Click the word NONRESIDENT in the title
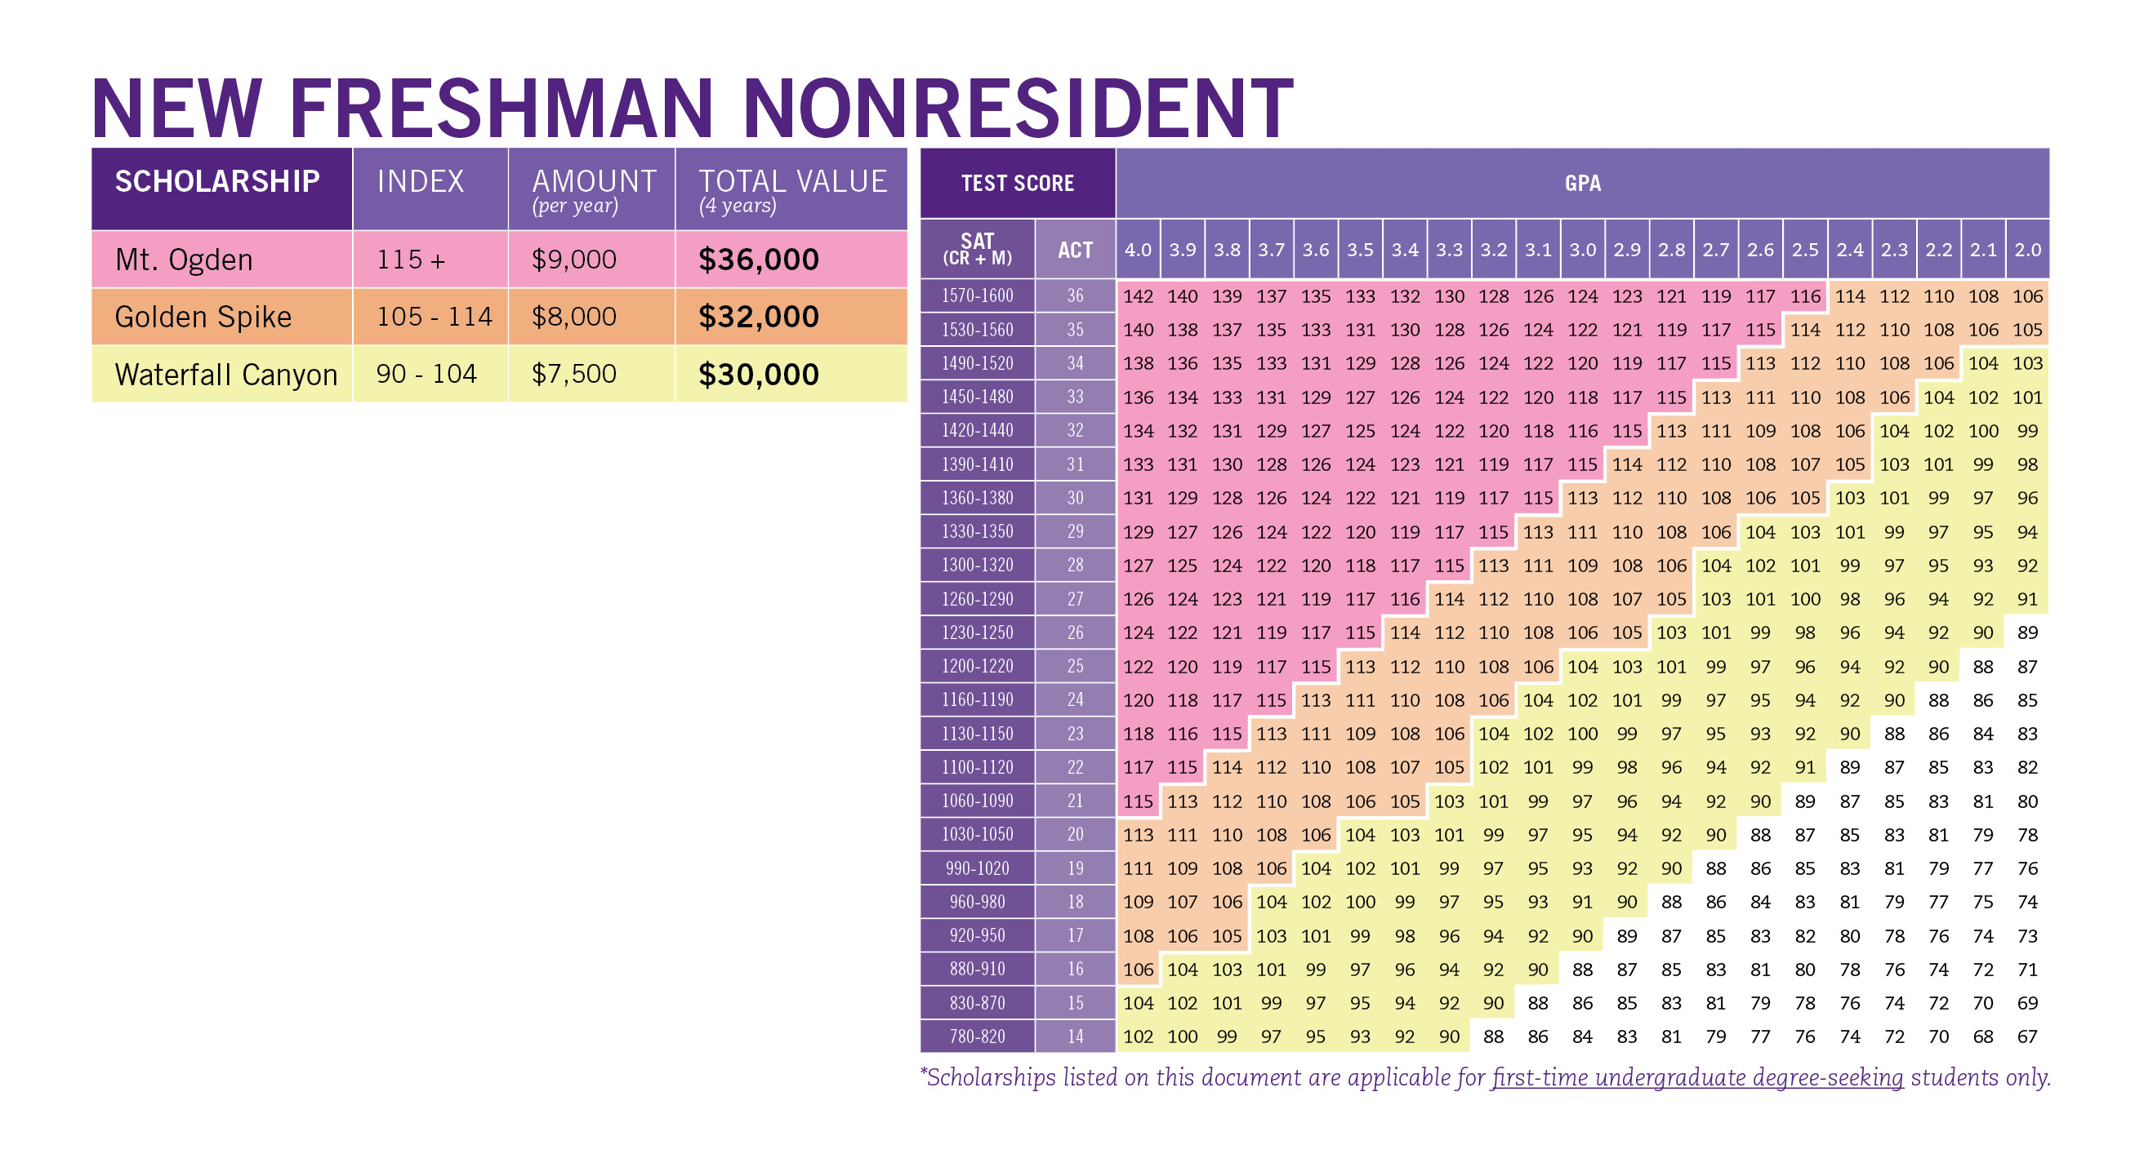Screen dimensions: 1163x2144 (1017, 109)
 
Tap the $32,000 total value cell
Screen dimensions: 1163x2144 (758, 317)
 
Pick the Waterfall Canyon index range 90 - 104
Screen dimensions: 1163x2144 (426, 374)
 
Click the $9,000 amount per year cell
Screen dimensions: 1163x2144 (574, 260)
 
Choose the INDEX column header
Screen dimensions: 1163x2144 (421, 181)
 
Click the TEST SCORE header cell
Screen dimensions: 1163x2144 (1017, 183)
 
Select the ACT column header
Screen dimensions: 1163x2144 (1075, 250)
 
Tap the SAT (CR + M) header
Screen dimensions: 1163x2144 (977, 250)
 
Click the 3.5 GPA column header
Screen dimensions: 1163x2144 (1360, 250)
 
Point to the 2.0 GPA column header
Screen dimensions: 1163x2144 (2027, 250)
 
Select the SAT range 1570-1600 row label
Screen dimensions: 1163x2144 (977, 296)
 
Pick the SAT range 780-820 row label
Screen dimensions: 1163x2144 (977, 1036)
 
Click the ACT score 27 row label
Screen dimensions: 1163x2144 (1075, 599)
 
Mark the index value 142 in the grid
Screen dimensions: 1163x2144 (1138, 296)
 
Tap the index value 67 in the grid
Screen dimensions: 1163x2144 (2027, 1036)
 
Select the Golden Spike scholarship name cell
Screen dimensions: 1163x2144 (203, 317)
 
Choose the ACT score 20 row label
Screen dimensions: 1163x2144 (1075, 834)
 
